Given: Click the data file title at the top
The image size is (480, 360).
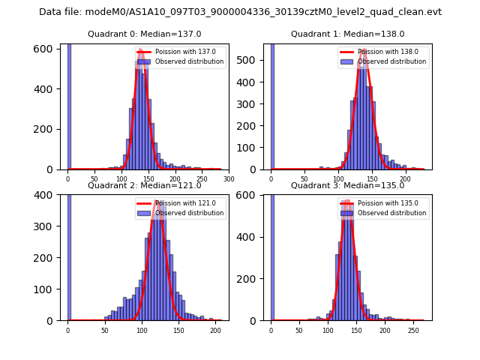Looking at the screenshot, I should point(240,12).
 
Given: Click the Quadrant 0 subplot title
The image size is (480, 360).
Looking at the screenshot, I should point(145,34).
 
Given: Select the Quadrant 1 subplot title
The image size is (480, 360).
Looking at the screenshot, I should point(347,34).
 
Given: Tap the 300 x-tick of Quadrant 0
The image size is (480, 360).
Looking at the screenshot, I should point(229,179).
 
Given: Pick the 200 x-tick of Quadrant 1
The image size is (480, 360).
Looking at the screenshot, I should point(405,179).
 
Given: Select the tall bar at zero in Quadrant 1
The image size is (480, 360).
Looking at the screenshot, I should point(271,106).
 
